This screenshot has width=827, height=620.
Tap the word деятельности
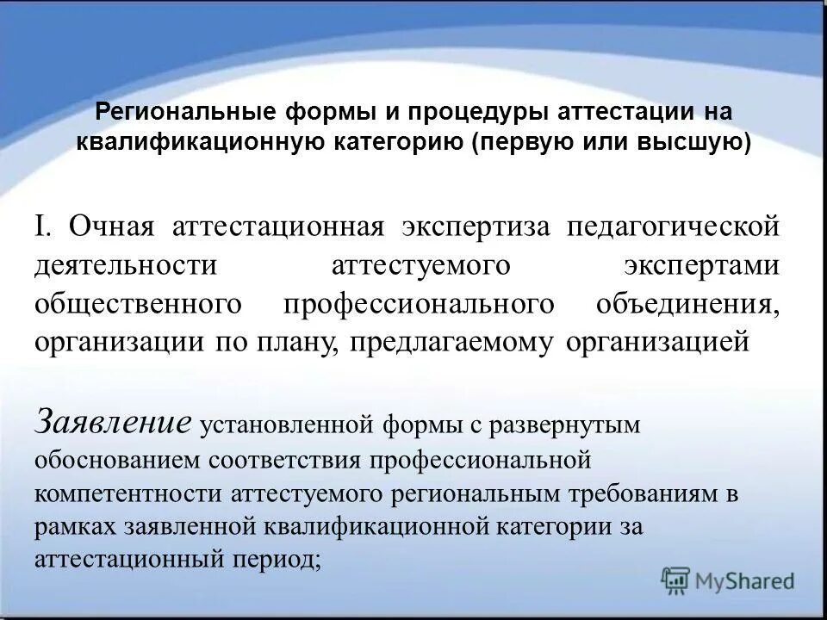click(x=126, y=265)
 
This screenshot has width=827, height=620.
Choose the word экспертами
click(x=702, y=265)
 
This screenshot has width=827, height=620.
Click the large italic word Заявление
click(x=113, y=421)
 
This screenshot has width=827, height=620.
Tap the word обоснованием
click(x=116, y=458)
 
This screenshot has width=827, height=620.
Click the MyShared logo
click(x=728, y=580)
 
